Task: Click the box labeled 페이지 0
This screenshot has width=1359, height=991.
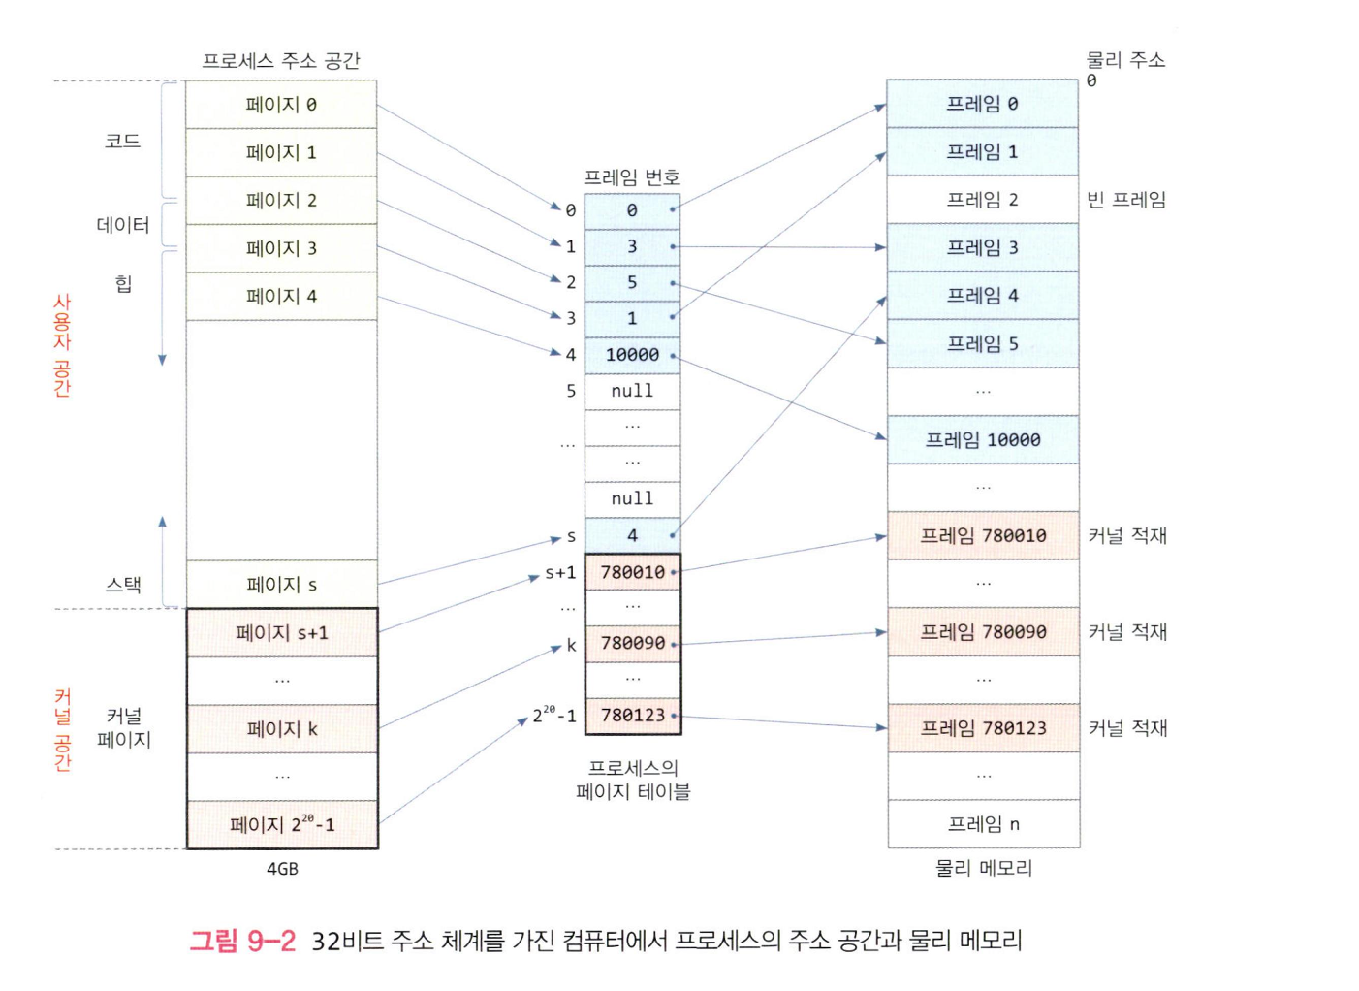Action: click(281, 105)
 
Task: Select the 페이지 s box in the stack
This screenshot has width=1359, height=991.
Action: click(281, 585)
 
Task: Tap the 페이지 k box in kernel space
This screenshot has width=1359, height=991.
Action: click(281, 729)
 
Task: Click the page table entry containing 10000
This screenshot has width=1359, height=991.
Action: click(632, 355)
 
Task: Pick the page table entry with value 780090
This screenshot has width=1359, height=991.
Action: click(632, 643)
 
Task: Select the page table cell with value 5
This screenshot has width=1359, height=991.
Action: click(632, 282)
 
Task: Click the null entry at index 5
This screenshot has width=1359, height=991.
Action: click(632, 391)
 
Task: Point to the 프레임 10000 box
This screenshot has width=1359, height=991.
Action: click(983, 440)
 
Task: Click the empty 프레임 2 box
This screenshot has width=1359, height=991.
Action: click(983, 200)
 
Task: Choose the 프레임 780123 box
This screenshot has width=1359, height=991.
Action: click(983, 728)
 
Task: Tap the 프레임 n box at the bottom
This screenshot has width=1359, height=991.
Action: click(983, 824)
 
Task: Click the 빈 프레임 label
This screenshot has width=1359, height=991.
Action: click(1126, 200)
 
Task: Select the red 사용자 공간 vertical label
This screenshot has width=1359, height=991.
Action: click(62, 345)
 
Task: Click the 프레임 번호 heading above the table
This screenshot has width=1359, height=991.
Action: click(632, 177)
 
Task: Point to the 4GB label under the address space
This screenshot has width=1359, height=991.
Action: click(282, 869)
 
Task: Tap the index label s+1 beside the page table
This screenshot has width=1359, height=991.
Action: click(560, 572)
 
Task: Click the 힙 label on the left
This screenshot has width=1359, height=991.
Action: click(124, 283)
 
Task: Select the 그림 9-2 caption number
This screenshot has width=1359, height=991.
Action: click(242, 941)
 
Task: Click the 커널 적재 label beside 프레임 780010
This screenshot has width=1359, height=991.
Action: click(1127, 535)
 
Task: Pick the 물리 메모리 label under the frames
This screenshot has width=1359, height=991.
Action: click(983, 868)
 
